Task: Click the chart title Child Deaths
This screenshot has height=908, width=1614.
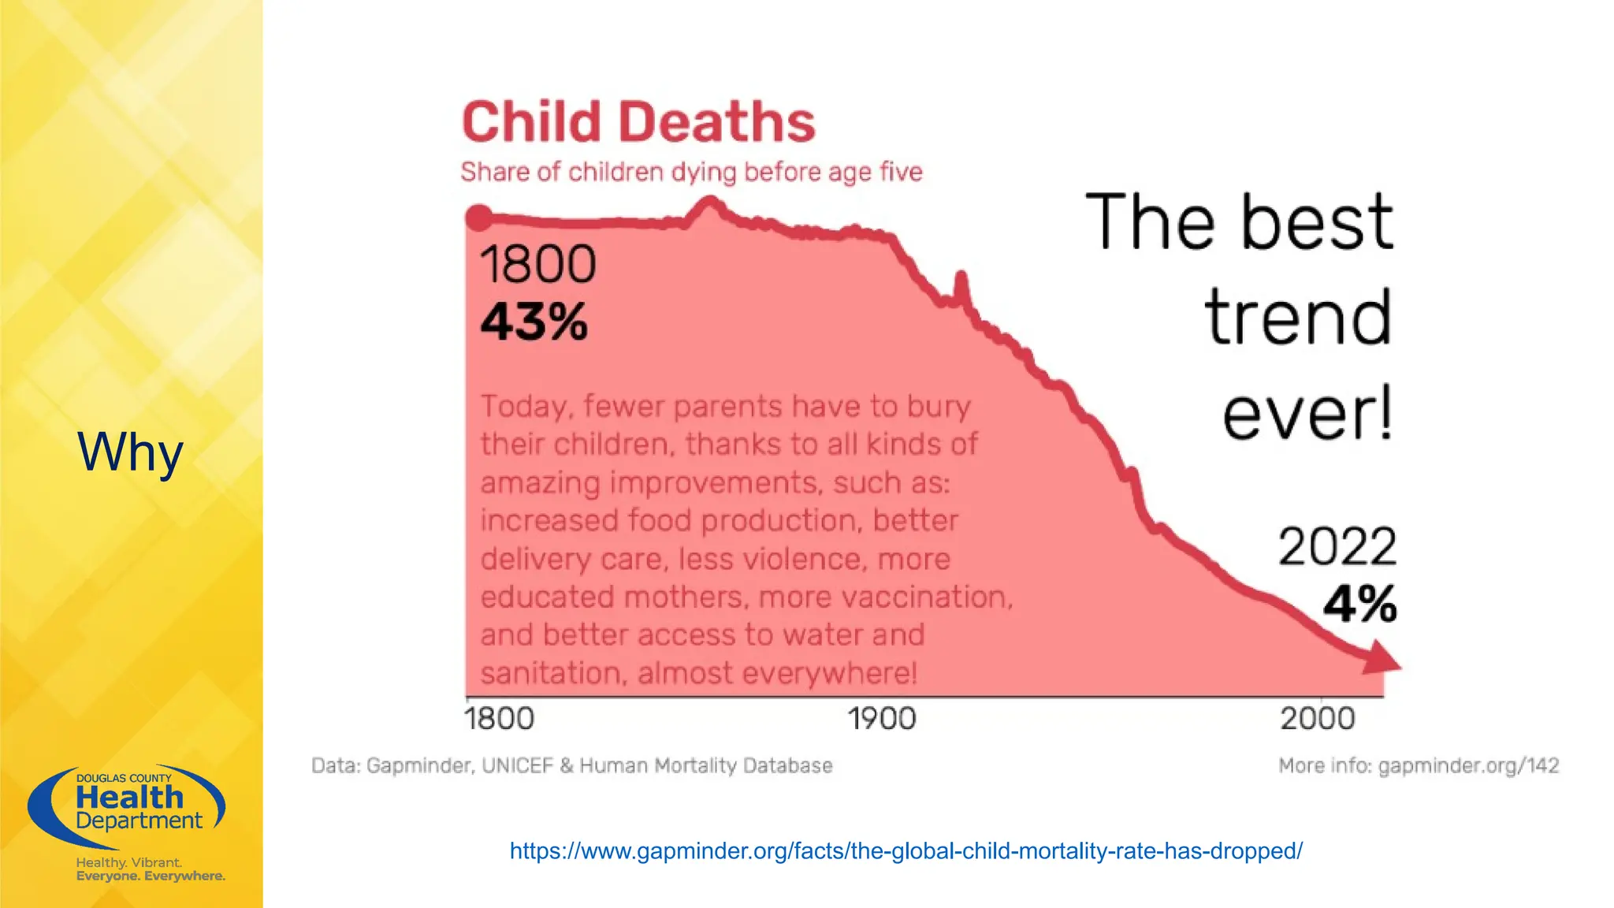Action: click(x=638, y=123)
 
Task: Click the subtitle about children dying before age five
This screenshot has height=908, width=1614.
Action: click(x=691, y=172)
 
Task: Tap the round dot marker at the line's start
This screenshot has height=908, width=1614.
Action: click(x=478, y=218)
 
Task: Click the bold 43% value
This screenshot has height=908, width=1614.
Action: click(x=534, y=322)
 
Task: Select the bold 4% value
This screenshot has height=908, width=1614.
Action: click(x=1359, y=605)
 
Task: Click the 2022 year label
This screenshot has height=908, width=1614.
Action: click(x=1337, y=546)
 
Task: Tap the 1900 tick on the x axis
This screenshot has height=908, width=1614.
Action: click(x=882, y=719)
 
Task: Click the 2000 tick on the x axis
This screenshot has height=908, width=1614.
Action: click(x=1317, y=719)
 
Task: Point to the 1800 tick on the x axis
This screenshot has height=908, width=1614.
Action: click(x=499, y=719)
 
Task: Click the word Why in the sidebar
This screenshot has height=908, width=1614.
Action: click(x=130, y=452)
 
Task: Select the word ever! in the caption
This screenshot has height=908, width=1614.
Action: click(x=1307, y=414)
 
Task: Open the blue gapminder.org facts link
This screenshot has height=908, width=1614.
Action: click(x=906, y=851)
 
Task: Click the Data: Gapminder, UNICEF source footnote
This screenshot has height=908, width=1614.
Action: click(x=571, y=765)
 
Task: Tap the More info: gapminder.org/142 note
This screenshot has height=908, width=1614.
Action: click(x=1418, y=765)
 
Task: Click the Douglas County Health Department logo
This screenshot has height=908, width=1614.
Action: click(x=128, y=806)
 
